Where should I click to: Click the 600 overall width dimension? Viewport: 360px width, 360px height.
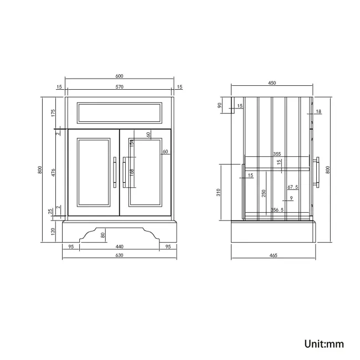pyautogui.click(x=119, y=76)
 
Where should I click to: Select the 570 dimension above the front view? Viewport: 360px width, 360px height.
pyautogui.click(x=119, y=87)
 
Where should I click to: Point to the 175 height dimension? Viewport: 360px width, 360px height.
pyautogui.click(x=54, y=113)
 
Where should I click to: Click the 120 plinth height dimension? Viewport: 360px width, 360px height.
pyautogui.click(x=54, y=230)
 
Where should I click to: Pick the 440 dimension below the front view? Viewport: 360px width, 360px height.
pyautogui.click(x=119, y=246)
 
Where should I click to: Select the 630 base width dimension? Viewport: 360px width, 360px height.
pyautogui.click(x=119, y=255)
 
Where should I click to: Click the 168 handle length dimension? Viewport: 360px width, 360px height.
pyautogui.click(x=131, y=172)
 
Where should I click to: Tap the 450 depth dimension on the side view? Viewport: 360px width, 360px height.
pyautogui.click(x=272, y=83)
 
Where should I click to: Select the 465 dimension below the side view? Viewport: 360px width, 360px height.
pyautogui.click(x=273, y=255)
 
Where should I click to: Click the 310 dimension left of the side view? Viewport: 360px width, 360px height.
pyautogui.click(x=219, y=192)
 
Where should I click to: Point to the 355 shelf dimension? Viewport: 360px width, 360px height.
pyautogui.click(x=276, y=155)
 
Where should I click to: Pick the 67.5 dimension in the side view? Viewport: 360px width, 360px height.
pyautogui.click(x=293, y=187)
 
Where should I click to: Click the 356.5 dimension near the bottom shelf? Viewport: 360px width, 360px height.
pyautogui.click(x=277, y=210)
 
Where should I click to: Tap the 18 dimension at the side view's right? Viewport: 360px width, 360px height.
pyautogui.click(x=318, y=112)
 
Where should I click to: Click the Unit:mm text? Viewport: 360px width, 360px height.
pyautogui.click(x=324, y=344)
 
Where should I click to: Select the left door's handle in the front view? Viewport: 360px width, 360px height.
pyautogui.click(x=115, y=172)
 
